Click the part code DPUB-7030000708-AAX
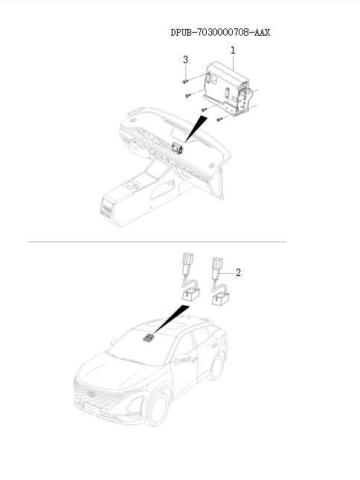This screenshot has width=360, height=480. coord(220,32)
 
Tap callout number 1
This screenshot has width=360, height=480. coord(233,50)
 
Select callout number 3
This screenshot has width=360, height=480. coord(185,60)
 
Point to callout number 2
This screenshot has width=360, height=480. coord(238,272)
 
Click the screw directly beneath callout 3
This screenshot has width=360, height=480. coord(184,82)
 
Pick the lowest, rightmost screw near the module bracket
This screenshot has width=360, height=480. coord(219,119)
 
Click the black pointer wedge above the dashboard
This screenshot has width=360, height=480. coord(195,129)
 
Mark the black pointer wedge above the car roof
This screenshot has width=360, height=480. coord(170,319)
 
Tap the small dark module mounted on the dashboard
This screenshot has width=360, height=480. coord(177,148)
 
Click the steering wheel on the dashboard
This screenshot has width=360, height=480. coord(135,147)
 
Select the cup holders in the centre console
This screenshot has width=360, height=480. coord(132,185)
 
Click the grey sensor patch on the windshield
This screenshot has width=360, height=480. coord(149,338)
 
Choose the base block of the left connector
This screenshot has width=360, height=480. coord(191,294)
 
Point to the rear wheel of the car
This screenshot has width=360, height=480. coord(216,368)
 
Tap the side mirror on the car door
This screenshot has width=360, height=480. coord(182,357)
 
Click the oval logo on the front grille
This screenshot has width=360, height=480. coord(91,394)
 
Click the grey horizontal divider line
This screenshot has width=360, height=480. coord(157,242)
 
